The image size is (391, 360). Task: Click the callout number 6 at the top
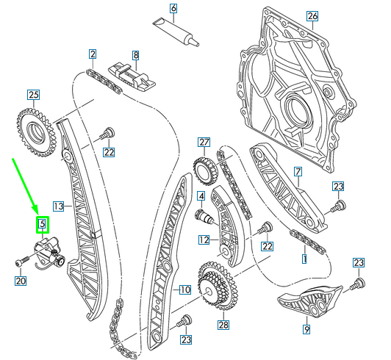pyautogui.click(x=173, y=9)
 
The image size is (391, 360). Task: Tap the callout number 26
pyautogui.click(x=312, y=15)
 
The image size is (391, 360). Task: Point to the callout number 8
pyautogui.click(x=135, y=54)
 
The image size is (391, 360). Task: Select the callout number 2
pyautogui.click(x=93, y=54)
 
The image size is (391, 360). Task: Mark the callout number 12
pyautogui.click(x=204, y=239)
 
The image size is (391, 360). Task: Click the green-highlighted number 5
pyautogui.click(x=42, y=223)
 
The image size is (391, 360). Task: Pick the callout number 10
pyautogui.click(x=184, y=289)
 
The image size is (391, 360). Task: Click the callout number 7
pyautogui.click(x=298, y=172)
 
